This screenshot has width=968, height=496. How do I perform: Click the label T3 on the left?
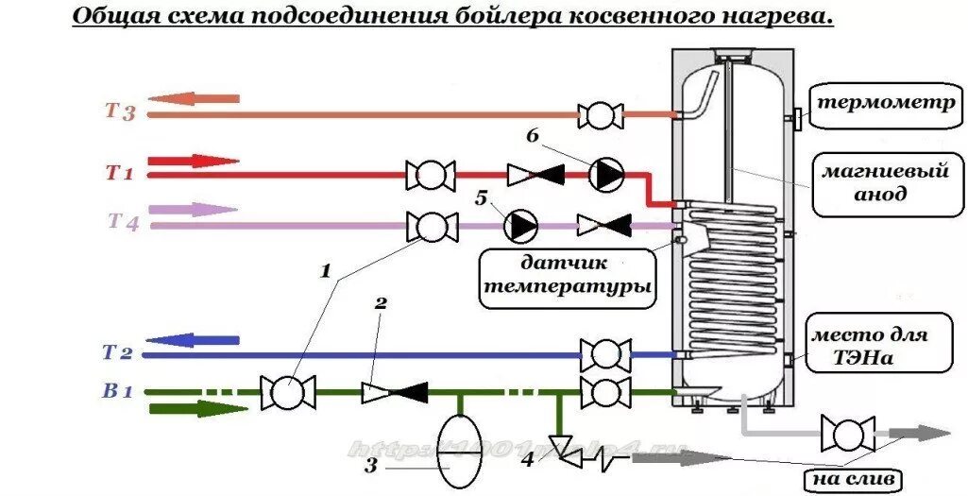121,112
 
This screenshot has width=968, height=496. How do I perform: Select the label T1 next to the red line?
120,173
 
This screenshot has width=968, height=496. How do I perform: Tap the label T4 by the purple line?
124,222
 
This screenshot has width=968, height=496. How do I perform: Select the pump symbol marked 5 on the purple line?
519,225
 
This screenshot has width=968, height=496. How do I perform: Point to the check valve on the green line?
395,391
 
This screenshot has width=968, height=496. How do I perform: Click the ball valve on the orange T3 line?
600,115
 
